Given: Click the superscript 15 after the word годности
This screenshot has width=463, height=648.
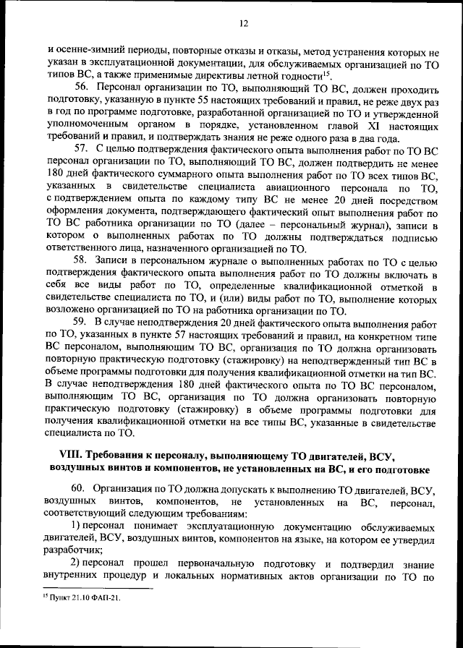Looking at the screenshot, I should coord(328,72).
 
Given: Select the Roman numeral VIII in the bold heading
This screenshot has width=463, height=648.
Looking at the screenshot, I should coord(68,456).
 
